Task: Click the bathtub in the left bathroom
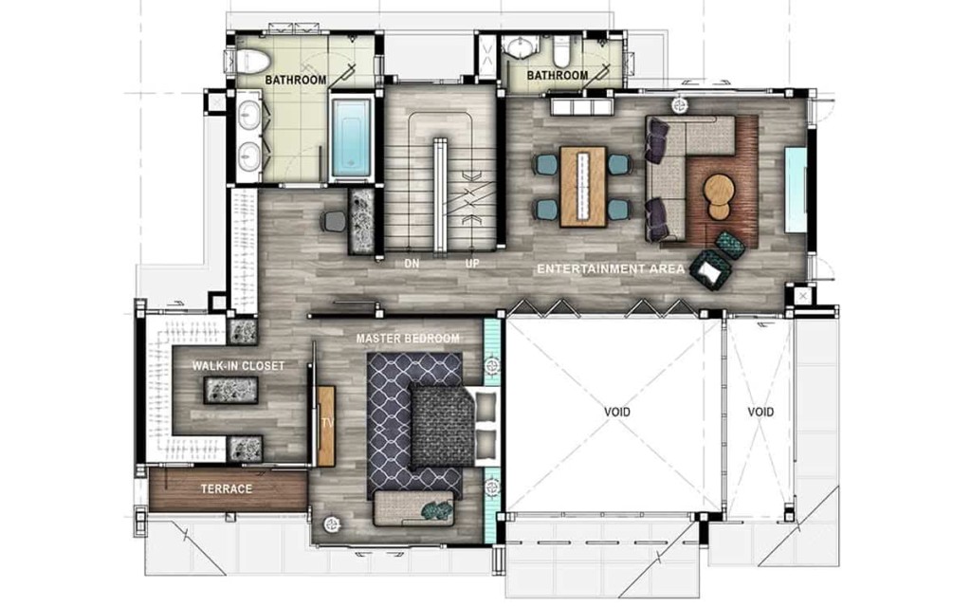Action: (352, 137)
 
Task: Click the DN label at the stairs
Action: (412, 264)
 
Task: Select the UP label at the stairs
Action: (472, 264)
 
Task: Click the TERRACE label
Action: (227, 488)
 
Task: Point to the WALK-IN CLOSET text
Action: (238, 366)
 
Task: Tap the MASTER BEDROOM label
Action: (408, 339)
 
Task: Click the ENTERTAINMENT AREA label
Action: (611, 268)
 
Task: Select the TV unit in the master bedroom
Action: (326, 426)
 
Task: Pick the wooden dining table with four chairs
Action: (583, 187)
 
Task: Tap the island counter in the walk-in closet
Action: (231, 391)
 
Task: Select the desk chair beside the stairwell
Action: (334, 221)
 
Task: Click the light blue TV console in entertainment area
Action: (797, 190)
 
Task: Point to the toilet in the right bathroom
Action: (561, 50)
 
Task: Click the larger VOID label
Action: (617, 412)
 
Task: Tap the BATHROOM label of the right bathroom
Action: (558, 75)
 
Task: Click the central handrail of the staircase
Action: (439, 195)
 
